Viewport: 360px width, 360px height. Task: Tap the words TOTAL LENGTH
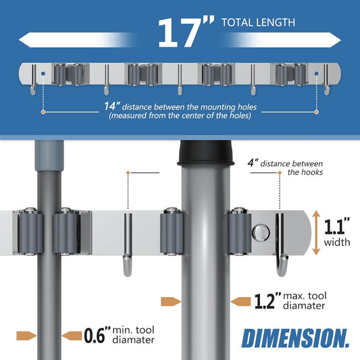coord(258,22)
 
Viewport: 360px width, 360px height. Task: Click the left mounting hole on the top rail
coord(43,74)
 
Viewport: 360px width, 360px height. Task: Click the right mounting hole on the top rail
coord(317,74)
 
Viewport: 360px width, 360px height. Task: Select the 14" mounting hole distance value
coord(112,106)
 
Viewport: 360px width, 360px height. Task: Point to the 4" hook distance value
coord(253,163)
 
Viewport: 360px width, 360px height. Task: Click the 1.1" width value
coord(337,226)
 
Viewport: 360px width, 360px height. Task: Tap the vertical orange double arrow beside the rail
coord(316,233)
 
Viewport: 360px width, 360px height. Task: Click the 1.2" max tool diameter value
coord(267,301)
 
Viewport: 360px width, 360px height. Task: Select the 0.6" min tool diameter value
coord(97,335)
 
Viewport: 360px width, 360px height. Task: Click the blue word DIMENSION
coord(295,338)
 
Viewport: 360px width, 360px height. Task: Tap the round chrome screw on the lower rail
coord(261,232)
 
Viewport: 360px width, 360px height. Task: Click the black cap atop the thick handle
coord(206,153)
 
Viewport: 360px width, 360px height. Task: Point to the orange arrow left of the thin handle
coord(26,336)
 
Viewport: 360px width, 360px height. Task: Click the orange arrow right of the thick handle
coord(240,301)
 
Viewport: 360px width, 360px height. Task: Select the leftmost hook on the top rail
coord(33,80)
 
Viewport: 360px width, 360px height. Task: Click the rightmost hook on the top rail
coord(326,80)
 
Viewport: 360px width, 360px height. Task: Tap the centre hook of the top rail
coord(180,80)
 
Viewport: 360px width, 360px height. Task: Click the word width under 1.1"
coord(337,242)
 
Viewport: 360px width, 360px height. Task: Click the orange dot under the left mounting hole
coord(43,112)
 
